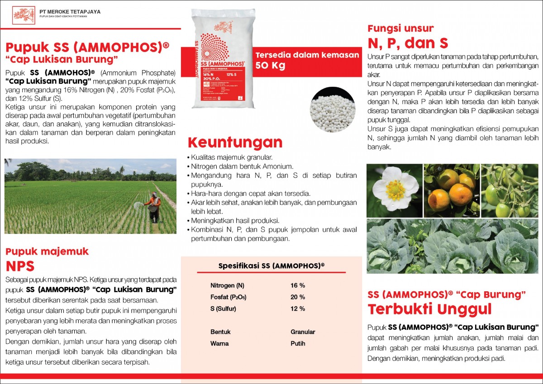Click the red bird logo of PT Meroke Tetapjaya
click(24, 15)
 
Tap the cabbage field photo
click(452, 247)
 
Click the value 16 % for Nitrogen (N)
click(298, 285)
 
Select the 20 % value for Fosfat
click(298, 297)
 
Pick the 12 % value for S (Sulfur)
click(298, 309)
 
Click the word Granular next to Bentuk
click(303, 332)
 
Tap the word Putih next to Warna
click(298, 344)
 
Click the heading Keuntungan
click(235, 142)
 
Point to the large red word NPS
click(20, 266)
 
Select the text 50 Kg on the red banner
click(271, 65)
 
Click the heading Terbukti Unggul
click(429, 310)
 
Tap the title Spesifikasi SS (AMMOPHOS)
click(271, 265)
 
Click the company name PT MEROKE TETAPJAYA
click(70, 12)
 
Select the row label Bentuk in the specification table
click(220, 332)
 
